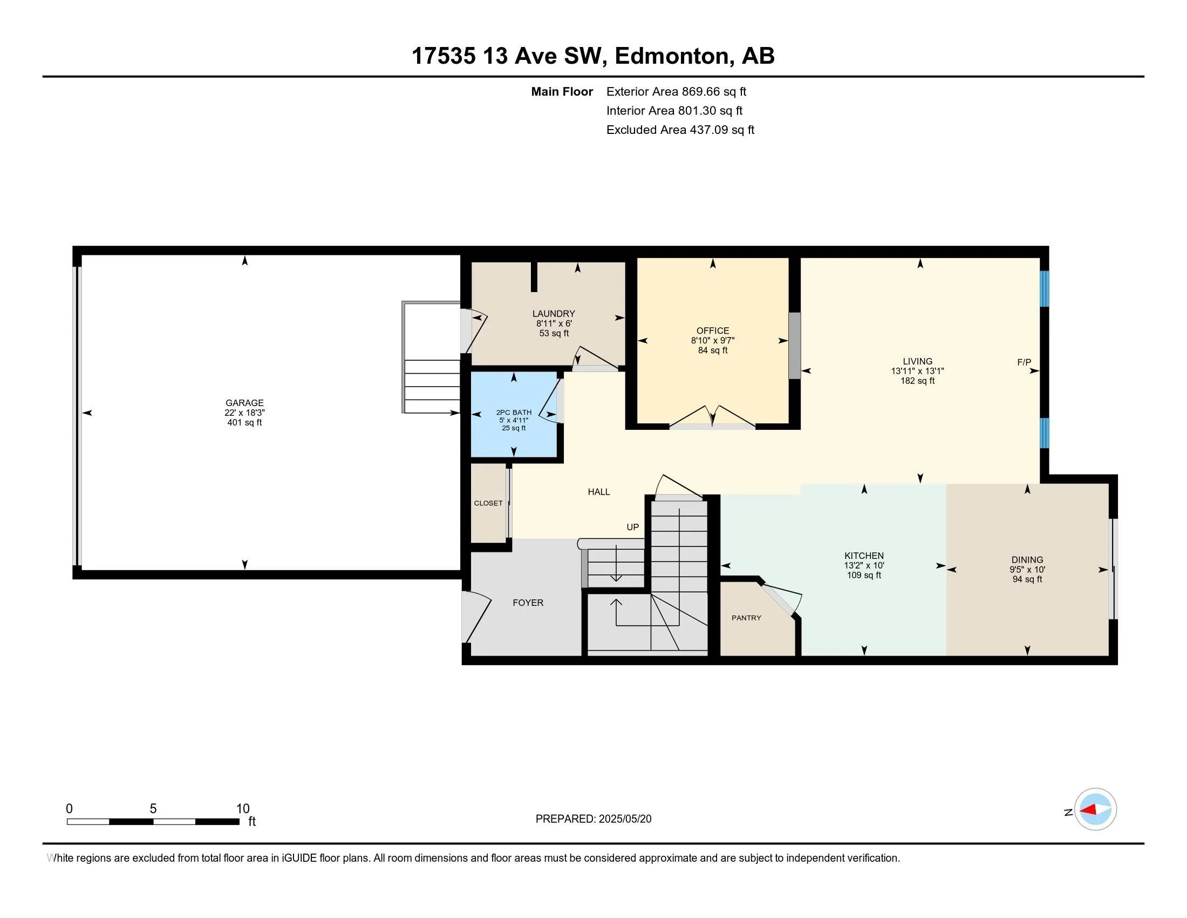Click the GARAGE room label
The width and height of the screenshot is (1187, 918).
pos(244,403)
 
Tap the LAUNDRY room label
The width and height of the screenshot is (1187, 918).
pos(553,314)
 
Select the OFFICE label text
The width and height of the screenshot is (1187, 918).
pos(713,330)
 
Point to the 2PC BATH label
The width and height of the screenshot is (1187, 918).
pos(514,413)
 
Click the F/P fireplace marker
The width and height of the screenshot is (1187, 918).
pos(1024,362)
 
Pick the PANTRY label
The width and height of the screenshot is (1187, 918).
pos(746,618)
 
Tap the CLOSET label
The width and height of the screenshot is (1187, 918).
pos(488,503)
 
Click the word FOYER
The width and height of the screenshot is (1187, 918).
pos(528,603)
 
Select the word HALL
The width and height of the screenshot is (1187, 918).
pos(598,491)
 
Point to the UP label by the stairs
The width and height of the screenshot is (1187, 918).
pos(633,527)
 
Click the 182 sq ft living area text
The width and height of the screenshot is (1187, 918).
pos(917,381)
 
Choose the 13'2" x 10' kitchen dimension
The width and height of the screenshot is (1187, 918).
pos(864,565)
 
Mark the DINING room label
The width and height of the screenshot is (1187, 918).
pos(1027,559)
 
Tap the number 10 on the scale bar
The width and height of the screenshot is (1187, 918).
pos(242,809)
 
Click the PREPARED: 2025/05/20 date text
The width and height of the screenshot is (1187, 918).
pos(593,819)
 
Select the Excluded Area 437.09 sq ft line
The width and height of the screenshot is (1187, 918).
pos(680,130)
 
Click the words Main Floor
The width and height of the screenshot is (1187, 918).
pos(562,92)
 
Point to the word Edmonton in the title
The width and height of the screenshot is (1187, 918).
pos(672,56)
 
